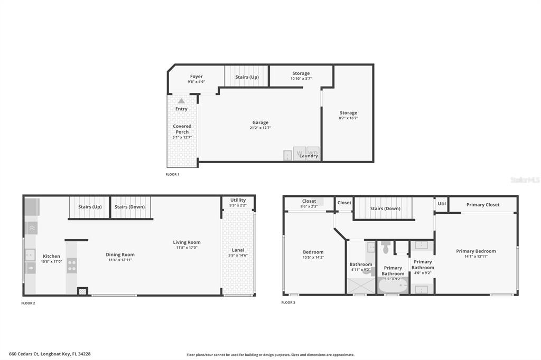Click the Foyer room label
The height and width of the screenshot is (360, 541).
[x=196, y=77]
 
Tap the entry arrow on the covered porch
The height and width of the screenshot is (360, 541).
[x=181, y=101]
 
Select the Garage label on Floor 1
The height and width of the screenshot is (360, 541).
[x=260, y=122]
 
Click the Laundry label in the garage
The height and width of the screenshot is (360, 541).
[x=309, y=156]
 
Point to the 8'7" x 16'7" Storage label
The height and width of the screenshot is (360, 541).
[x=348, y=112]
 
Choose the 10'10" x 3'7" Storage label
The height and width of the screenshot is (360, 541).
[x=301, y=73]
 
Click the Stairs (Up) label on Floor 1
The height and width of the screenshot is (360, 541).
[x=247, y=77]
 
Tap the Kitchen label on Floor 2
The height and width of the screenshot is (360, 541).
[x=51, y=256]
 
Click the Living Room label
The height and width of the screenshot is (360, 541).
[x=186, y=242]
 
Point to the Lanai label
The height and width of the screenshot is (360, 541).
[x=238, y=250]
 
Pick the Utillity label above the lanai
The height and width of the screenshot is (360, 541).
[x=238, y=200]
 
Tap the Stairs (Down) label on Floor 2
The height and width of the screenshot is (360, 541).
[x=129, y=207]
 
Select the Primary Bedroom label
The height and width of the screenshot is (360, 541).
[x=476, y=251]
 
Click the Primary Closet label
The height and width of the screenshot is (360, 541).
[x=483, y=205]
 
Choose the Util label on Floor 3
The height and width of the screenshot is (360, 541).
[x=442, y=203]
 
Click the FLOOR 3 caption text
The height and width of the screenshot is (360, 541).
[x=288, y=302]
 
